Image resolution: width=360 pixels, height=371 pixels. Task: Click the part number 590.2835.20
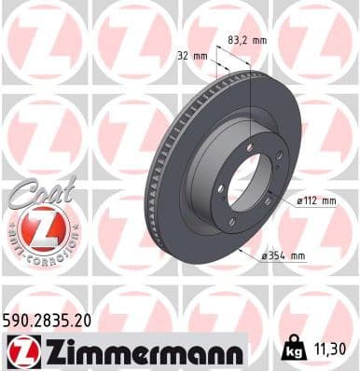click(x=52, y=320)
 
